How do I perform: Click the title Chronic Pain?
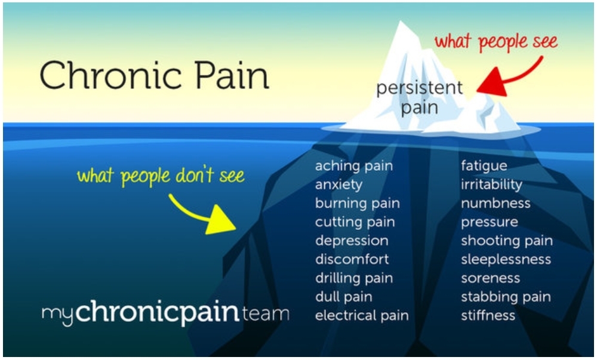pyautogui.click(x=155, y=75)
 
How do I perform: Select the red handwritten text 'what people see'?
pyautogui.click(x=496, y=41)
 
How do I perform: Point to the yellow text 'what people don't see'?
pyautogui.click(x=161, y=176)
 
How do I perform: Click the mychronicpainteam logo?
pyautogui.click(x=165, y=313)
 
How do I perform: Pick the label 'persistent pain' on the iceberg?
pyautogui.click(x=420, y=97)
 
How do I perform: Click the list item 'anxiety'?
pyautogui.click(x=339, y=184)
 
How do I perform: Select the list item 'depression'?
pyautogui.click(x=352, y=241)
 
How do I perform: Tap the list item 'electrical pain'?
pyautogui.click(x=362, y=315)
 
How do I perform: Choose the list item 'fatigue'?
pyautogui.click(x=484, y=166)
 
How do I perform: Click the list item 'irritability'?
pyautogui.click(x=491, y=184)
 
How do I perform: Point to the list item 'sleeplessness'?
pyautogui.click(x=506, y=260)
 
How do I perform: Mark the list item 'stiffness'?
pyautogui.click(x=488, y=315)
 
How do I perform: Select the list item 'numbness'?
pyautogui.click(x=496, y=203)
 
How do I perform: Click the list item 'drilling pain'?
pyautogui.click(x=354, y=279)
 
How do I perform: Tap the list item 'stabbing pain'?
pyautogui.click(x=506, y=297)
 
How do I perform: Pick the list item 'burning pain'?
pyautogui.click(x=358, y=204)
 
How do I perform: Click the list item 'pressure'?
pyautogui.click(x=490, y=222)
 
